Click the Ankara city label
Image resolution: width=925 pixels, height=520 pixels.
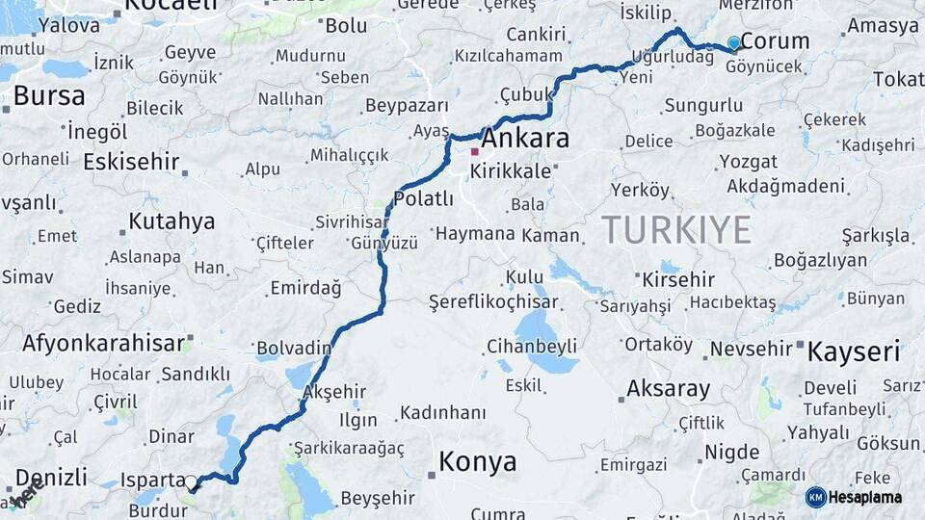point(524,139)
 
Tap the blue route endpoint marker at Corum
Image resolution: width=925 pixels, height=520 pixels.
point(734,42)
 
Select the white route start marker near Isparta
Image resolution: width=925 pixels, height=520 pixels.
point(191,482)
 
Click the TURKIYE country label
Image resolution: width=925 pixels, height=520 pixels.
point(676,229)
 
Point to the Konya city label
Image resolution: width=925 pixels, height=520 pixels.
point(477,462)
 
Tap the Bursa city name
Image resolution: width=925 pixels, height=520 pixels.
point(48,96)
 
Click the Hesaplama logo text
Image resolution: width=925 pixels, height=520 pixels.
point(867,497)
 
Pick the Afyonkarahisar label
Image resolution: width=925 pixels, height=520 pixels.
point(103,343)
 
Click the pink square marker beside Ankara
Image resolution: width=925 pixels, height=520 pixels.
point(474,151)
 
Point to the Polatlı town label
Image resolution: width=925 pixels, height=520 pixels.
point(423,199)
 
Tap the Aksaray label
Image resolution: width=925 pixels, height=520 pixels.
point(668,389)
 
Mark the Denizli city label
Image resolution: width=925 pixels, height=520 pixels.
point(52,477)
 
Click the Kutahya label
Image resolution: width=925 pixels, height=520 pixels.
point(172,221)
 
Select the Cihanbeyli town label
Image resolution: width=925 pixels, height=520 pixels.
point(531,346)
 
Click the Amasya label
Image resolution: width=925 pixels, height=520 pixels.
point(883,26)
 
